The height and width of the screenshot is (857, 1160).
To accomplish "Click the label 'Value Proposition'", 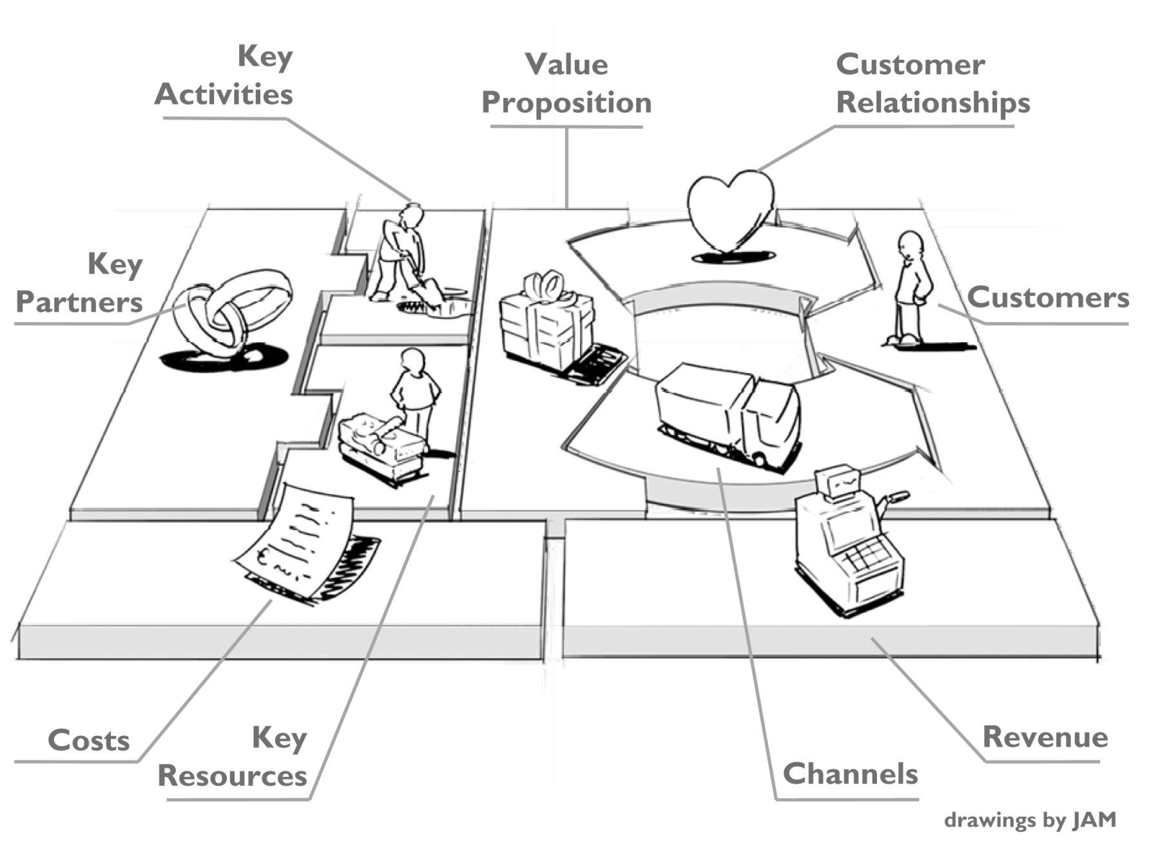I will tap(566, 84).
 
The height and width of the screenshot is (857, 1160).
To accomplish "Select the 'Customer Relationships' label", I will tap(932, 84).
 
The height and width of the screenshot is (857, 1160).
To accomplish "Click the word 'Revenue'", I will tap(1045, 737).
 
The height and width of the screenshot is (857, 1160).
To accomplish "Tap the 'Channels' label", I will tap(850, 774).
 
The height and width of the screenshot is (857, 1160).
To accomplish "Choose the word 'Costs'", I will tap(89, 740).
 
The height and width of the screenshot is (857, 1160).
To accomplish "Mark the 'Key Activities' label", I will tap(224, 75).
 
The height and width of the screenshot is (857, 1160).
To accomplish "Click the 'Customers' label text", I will tap(1048, 298).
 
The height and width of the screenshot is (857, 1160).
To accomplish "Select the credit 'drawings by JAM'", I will tap(1029, 820).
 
